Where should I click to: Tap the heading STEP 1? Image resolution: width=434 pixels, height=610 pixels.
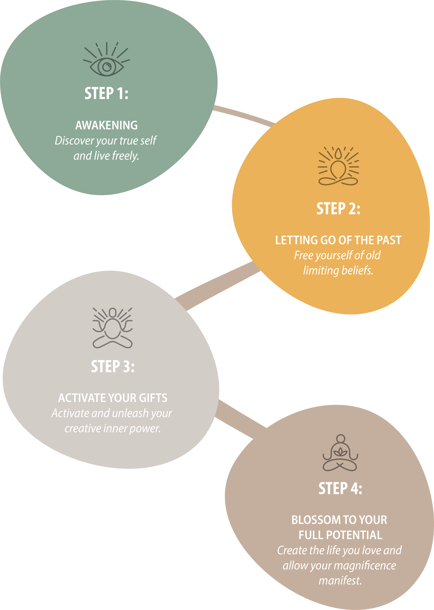pyautogui.click(x=106, y=93)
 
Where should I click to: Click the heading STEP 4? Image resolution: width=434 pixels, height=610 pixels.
pyautogui.click(x=340, y=488)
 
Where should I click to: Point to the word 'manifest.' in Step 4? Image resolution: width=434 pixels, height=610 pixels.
pyautogui.click(x=340, y=580)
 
